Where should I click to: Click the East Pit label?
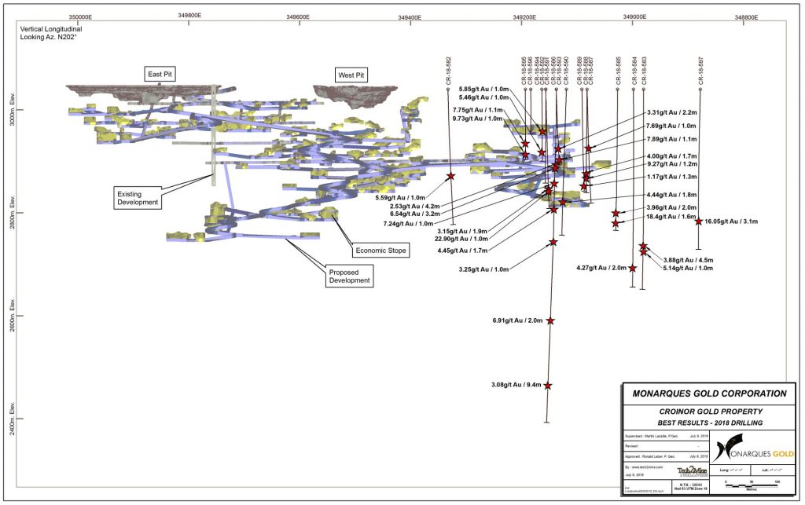(160, 74)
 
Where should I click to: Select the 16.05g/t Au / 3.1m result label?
(731, 221)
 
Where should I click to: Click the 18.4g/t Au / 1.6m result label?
(671, 217)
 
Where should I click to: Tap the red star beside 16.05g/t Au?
(698, 221)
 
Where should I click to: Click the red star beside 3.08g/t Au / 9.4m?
(547, 386)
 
